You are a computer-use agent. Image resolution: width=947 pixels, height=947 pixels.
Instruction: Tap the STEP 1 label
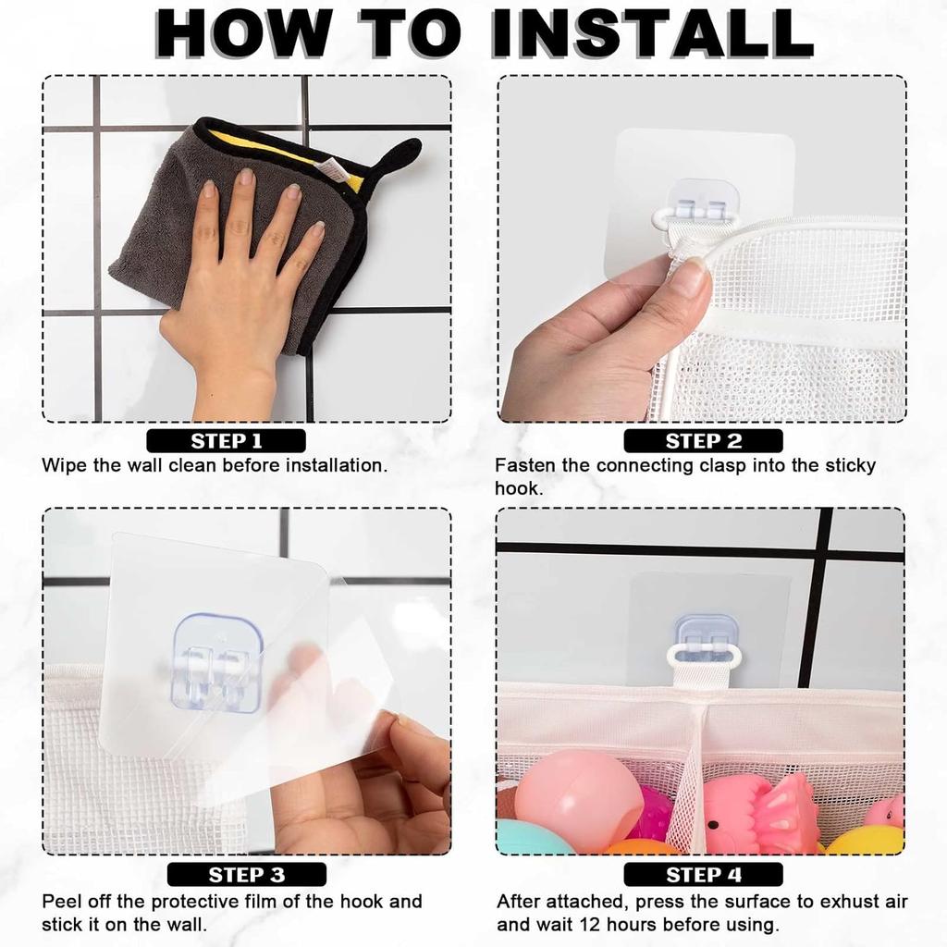pos(227,441)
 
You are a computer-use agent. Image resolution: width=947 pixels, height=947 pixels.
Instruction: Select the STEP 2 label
pos(704,441)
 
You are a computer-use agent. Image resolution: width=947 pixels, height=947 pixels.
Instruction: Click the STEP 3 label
pos(246,874)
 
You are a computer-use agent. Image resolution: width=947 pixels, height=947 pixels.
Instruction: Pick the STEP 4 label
pos(704,874)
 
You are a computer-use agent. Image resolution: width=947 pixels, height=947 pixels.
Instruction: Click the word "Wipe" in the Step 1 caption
pos(64,465)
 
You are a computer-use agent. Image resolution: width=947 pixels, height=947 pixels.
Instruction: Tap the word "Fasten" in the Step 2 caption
pos(526,465)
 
